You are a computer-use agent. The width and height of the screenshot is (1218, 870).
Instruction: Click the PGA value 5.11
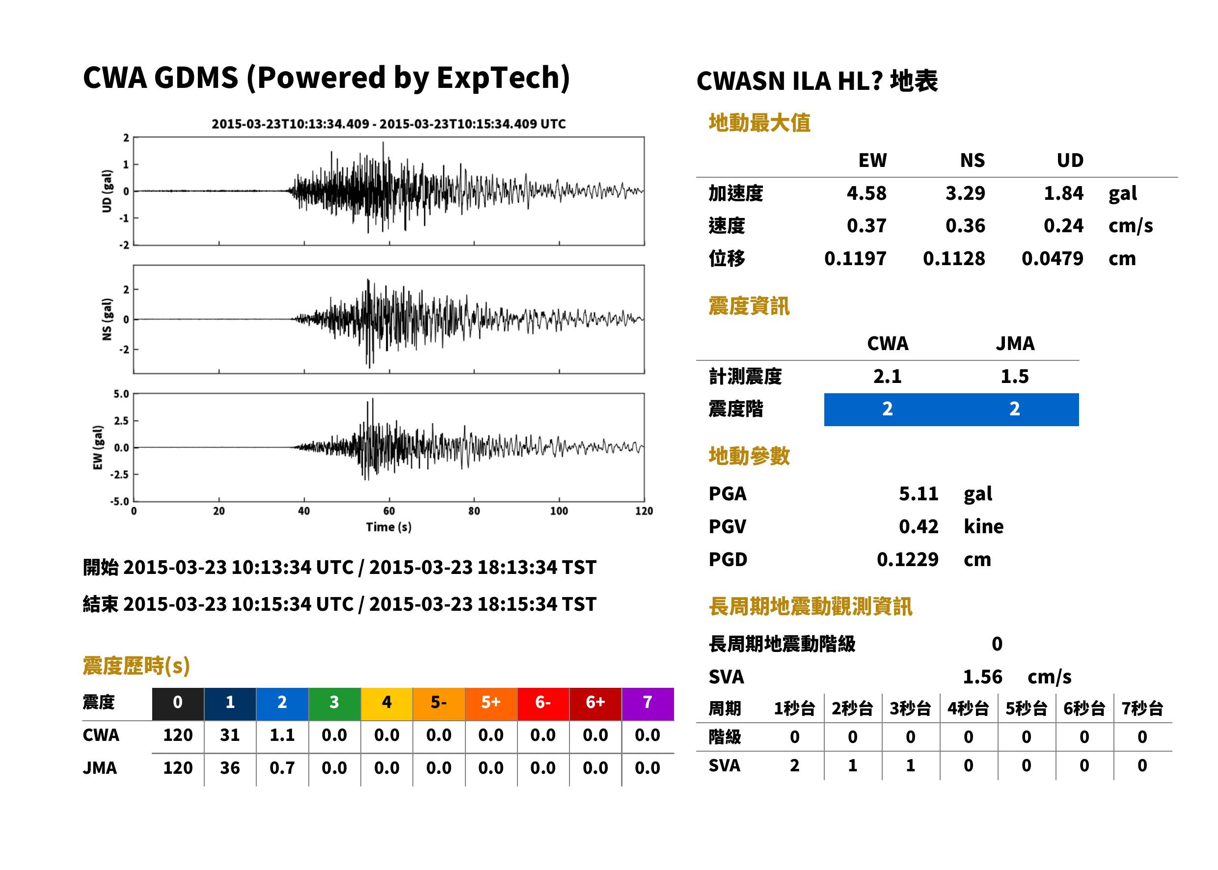(x=918, y=493)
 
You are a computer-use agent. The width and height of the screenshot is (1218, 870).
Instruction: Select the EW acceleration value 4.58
(x=866, y=193)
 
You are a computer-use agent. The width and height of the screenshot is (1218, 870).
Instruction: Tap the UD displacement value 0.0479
(x=1052, y=258)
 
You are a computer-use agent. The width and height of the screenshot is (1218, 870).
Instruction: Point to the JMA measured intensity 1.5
(x=1014, y=376)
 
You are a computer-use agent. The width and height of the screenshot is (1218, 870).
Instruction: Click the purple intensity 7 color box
(x=648, y=704)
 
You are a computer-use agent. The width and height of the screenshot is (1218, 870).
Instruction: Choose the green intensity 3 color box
(x=334, y=704)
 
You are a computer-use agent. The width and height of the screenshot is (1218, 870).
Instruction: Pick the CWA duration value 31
(x=230, y=735)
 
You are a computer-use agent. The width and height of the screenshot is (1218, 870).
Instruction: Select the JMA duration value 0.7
(x=282, y=768)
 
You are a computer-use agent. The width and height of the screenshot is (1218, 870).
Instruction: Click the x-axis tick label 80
(x=474, y=511)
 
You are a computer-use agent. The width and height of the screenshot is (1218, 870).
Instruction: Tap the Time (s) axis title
(x=389, y=527)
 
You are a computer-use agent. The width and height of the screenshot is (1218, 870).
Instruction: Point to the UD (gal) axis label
(x=107, y=191)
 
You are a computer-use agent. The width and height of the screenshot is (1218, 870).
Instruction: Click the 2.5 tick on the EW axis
(x=121, y=421)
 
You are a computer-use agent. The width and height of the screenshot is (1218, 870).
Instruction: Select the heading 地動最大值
(x=759, y=123)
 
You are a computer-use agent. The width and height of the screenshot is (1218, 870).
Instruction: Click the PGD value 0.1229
(x=907, y=559)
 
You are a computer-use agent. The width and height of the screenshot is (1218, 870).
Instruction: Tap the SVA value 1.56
(x=982, y=677)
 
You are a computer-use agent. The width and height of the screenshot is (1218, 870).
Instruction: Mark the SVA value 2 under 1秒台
(x=794, y=765)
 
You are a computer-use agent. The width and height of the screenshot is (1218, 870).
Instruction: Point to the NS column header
(x=972, y=160)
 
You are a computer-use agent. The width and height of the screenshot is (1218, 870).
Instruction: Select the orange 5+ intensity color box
(x=490, y=704)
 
